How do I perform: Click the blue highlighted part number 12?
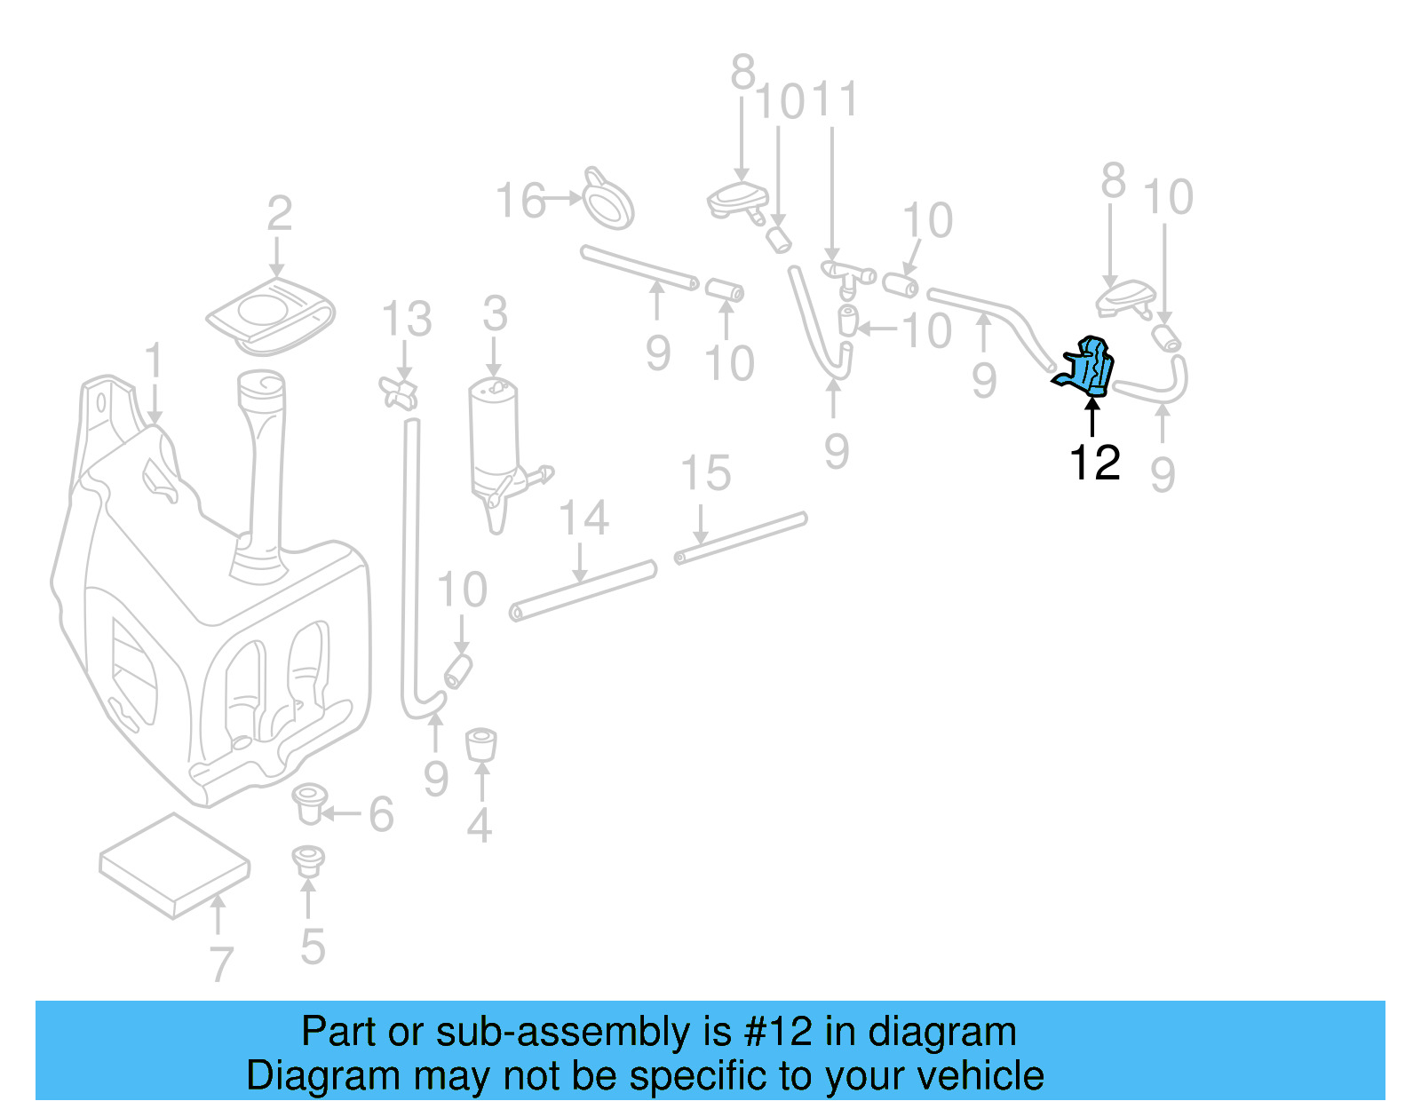(1089, 367)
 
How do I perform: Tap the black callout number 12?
(1094, 463)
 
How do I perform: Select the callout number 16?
(520, 201)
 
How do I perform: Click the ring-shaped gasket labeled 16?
(609, 199)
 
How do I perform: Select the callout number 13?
(407, 319)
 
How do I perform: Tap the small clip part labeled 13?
(399, 392)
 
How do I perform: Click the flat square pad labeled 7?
(174, 865)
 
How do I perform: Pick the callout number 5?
(312, 947)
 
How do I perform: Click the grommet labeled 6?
(309, 804)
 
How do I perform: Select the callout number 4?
(480, 826)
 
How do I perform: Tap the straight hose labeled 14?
(583, 590)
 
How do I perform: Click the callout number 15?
(705, 473)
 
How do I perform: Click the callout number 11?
(836, 99)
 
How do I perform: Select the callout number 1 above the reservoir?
(155, 361)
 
